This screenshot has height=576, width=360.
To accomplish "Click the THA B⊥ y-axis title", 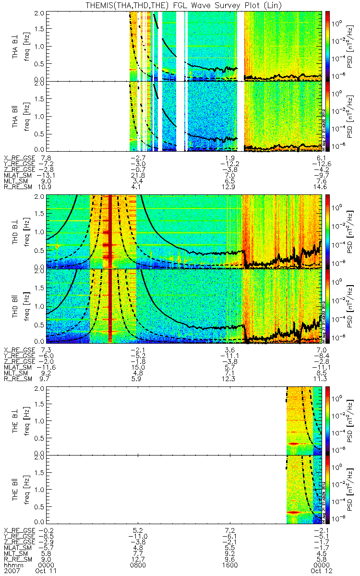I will click(16, 46).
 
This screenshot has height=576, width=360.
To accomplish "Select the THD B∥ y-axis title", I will click(16, 306).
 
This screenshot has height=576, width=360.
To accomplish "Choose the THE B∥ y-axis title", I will click(16, 490).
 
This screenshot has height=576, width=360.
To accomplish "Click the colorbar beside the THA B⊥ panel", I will click(328, 46).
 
